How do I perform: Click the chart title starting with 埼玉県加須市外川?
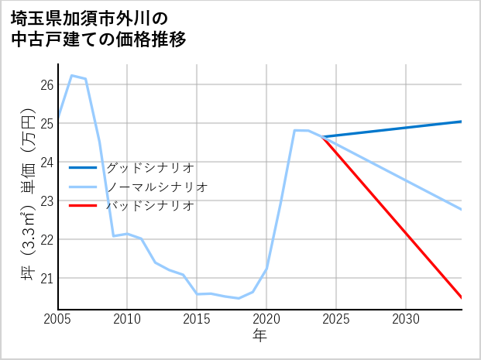pyautogui.click(x=98, y=29)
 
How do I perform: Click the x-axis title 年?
pyautogui.click(x=259, y=335)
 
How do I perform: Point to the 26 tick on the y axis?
pyautogui.click(x=46, y=84)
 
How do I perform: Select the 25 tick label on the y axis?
pyautogui.click(x=46, y=123)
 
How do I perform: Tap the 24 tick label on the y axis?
pyautogui.click(x=46, y=162)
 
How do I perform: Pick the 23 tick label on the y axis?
pyautogui.click(x=46, y=201)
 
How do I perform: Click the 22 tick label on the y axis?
pyautogui.click(x=46, y=239)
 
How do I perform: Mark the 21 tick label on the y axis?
pyautogui.click(x=46, y=278)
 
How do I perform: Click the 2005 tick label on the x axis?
pyautogui.click(x=57, y=319)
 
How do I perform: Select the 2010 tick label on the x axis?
pyautogui.click(x=127, y=319)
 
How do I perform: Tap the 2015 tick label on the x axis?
pyautogui.click(x=197, y=319)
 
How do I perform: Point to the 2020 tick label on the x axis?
pyautogui.click(x=266, y=319)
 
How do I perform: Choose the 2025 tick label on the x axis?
pyautogui.click(x=336, y=319)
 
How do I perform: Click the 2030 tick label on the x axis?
pyautogui.click(x=406, y=319)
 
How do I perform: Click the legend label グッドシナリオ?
pyautogui.click(x=149, y=167)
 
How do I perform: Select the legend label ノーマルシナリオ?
pyautogui.click(x=156, y=187)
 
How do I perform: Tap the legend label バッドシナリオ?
pyautogui.click(x=149, y=206)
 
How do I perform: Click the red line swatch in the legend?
pyautogui.click(x=83, y=206)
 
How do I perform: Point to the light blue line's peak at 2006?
pyautogui.click(x=71, y=76)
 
